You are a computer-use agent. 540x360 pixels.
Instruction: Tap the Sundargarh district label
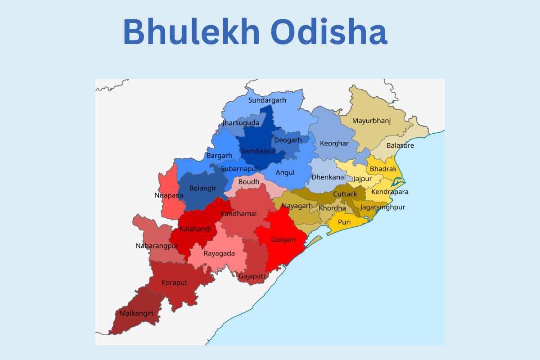click(267, 100)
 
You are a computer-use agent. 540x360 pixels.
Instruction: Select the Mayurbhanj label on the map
click(371, 121)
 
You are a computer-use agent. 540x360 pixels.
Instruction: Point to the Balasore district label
click(400, 145)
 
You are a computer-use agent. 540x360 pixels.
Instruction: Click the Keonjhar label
click(334, 144)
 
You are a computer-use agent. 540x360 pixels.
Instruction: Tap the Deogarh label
click(288, 140)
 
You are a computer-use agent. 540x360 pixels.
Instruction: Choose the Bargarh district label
click(219, 155)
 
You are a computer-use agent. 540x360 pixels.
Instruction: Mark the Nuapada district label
click(169, 195)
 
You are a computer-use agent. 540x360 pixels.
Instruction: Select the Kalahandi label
click(195, 229)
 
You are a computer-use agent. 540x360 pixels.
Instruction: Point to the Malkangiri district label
click(134, 313)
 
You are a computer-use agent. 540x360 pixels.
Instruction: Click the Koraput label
click(174, 283)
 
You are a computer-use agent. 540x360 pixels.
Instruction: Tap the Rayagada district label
click(219, 253)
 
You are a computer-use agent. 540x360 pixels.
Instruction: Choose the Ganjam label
click(283, 239)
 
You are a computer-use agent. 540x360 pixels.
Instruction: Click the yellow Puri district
click(344, 222)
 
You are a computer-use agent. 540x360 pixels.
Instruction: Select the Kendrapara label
click(390, 192)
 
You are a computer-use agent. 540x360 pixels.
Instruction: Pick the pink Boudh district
click(249, 182)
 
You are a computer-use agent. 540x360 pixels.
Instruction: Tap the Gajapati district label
click(252, 276)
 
